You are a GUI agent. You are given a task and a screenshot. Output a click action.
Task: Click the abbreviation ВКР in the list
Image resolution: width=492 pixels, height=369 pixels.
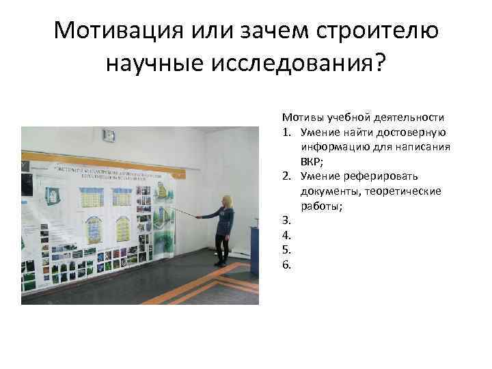click(311, 161)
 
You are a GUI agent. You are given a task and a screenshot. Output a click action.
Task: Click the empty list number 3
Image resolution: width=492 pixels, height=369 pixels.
click(286, 221)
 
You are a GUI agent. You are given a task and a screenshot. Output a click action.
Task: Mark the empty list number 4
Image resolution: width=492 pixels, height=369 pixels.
click(286, 236)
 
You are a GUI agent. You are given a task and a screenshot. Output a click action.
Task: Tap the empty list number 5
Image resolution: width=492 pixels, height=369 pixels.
click(286, 250)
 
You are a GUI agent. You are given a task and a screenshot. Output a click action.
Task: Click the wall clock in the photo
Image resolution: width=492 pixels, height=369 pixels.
click(109, 135)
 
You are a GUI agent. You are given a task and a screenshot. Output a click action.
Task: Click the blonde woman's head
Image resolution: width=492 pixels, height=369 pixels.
click(226, 202)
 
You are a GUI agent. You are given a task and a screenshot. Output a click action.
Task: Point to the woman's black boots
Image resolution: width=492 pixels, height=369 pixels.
click(221, 259)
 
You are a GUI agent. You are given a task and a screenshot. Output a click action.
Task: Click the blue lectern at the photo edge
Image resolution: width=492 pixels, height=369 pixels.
click(254, 249)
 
